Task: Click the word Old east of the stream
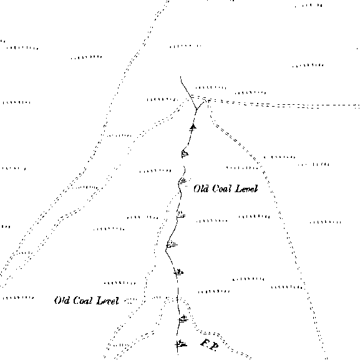201,188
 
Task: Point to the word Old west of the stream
62,300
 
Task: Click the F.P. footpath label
210,345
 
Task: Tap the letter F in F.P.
205,343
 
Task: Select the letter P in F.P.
214,347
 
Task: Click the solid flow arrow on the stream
193,127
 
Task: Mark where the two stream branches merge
197,110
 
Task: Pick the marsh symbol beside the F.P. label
181,344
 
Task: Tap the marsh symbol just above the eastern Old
183,181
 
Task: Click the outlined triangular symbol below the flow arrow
185,153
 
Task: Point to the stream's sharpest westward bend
166,250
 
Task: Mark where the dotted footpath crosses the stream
178,298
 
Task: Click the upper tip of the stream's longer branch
181,77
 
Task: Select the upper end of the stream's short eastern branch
205,101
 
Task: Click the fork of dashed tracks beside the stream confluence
208,100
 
